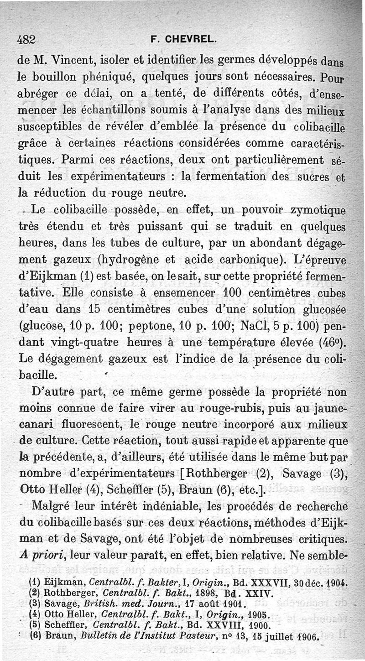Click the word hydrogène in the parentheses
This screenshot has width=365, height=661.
(x=130, y=260)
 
